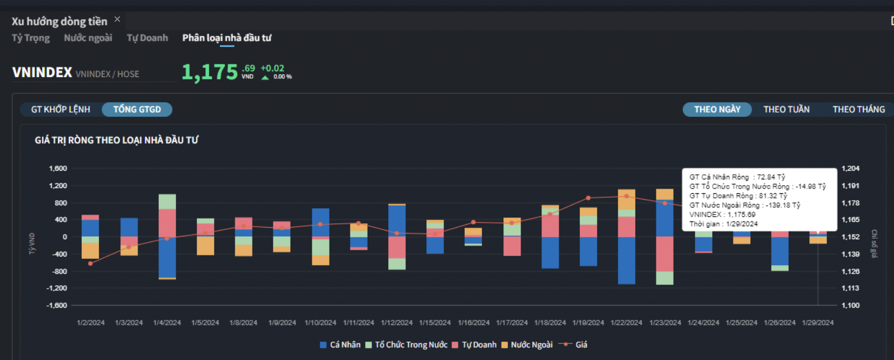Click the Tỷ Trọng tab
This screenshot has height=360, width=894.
click(30, 38)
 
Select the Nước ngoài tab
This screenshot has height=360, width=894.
click(88, 38)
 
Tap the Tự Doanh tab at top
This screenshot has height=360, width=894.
click(147, 38)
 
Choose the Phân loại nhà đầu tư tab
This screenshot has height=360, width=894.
click(227, 38)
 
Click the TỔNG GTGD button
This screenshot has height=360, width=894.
click(137, 109)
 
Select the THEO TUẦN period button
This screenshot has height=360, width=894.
click(786, 109)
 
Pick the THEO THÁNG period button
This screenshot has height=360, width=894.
click(858, 109)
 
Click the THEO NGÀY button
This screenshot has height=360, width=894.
click(717, 109)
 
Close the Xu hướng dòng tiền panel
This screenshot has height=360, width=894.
click(117, 19)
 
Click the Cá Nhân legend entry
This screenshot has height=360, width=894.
click(341, 345)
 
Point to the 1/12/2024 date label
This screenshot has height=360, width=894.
click(396, 323)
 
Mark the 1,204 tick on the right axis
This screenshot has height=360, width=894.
click(850, 168)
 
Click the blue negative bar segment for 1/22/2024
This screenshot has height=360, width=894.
click(626, 260)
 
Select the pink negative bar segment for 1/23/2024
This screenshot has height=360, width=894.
click(664, 254)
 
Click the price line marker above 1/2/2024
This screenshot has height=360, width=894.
click(90, 263)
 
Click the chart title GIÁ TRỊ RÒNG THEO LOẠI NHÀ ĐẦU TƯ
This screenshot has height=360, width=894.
click(117, 140)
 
